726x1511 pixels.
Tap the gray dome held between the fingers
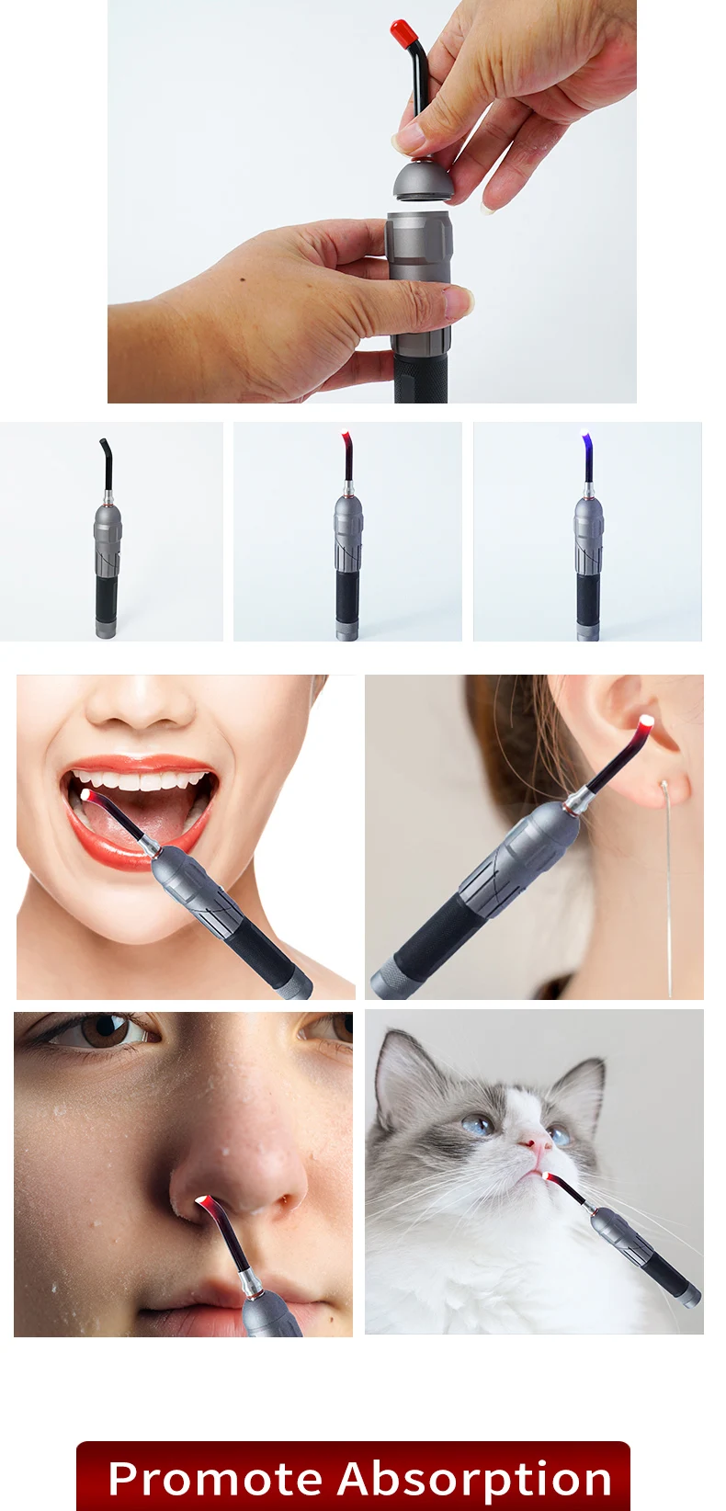coord(423,179)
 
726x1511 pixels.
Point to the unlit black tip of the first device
coord(105,448)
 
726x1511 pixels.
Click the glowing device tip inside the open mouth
coord(86,795)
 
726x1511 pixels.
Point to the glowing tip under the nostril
coord(201,1200)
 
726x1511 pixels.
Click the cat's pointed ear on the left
coord(397,1066)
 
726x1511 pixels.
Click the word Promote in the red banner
coord(214,1480)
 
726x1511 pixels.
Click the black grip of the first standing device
coord(106,599)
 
